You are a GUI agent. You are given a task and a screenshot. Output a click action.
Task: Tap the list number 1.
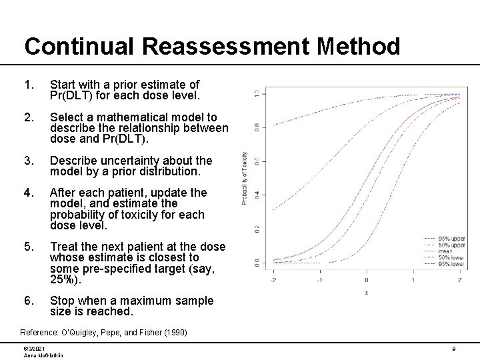pyautogui.click(x=27, y=85)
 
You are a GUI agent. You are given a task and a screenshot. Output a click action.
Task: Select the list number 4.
pyautogui.click(x=27, y=192)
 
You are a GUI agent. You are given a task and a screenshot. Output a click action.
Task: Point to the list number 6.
pyautogui.click(x=27, y=301)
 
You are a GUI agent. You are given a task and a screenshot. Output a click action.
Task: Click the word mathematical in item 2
pyautogui.click(x=145, y=117)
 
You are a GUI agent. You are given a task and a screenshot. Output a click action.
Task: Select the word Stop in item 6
pyautogui.click(x=63, y=301)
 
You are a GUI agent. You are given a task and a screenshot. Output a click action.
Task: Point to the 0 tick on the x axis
pyautogui.click(x=366, y=280)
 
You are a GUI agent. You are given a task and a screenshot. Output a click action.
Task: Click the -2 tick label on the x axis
pyautogui.click(x=272, y=280)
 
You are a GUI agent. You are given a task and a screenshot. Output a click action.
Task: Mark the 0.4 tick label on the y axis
pyautogui.click(x=257, y=195)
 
